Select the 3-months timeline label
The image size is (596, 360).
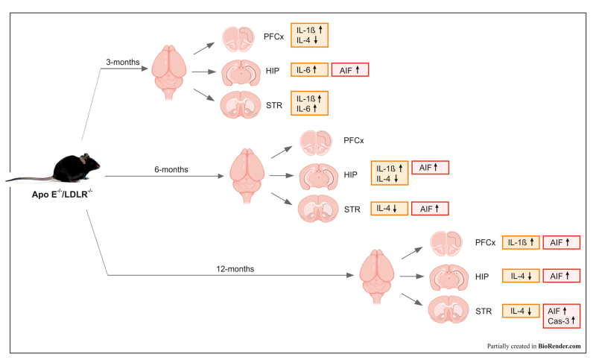click(x=123, y=62)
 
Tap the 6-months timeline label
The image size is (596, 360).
click(x=171, y=169)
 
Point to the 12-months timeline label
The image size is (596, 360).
click(x=235, y=269)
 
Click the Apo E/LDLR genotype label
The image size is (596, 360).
click(x=62, y=194)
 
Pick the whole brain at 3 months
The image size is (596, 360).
click(x=169, y=72)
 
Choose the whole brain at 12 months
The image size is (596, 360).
click(x=377, y=277)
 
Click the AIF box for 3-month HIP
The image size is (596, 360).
click(x=350, y=70)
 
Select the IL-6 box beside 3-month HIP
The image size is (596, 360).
click(x=309, y=70)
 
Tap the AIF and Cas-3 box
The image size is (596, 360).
click(x=562, y=316)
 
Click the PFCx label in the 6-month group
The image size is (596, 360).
click(x=353, y=141)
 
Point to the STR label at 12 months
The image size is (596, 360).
click(x=484, y=312)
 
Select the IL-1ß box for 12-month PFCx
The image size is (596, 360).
click(x=521, y=242)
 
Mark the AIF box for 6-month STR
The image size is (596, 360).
click(x=430, y=209)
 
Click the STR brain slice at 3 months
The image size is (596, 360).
click(x=240, y=104)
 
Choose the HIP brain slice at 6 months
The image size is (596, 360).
click(x=319, y=177)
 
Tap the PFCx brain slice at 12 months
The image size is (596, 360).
click(x=446, y=243)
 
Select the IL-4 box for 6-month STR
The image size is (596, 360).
click(x=389, y=209)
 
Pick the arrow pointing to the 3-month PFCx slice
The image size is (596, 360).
click(x=204, y=48)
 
